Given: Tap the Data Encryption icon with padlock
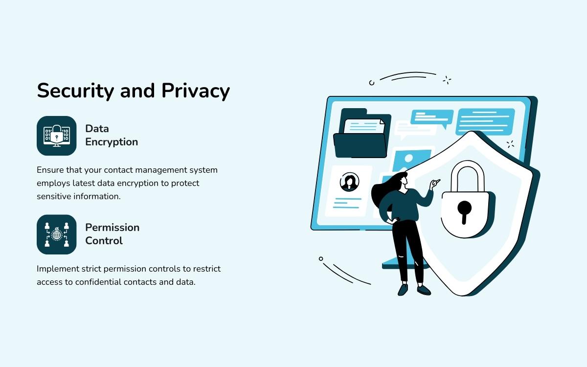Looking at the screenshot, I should [57, 136].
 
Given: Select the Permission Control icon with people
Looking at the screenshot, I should [57, 234].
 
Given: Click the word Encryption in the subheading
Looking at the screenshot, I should [112, 142].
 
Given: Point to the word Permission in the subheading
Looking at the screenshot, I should [112, 227].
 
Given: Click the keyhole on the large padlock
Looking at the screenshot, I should [464, 210].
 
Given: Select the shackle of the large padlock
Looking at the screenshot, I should [467, 174].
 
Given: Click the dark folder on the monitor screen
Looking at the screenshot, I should [360, 139].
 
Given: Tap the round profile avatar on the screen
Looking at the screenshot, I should [349, 181].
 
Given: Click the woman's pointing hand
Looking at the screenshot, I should [434, 183].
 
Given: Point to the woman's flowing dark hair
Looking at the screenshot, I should [384, 191].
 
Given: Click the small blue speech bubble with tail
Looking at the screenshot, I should [432, 117].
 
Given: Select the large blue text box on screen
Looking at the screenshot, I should [485, 121].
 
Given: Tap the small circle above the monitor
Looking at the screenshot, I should [372, 83].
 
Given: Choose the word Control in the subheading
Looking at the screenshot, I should [104, 241].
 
